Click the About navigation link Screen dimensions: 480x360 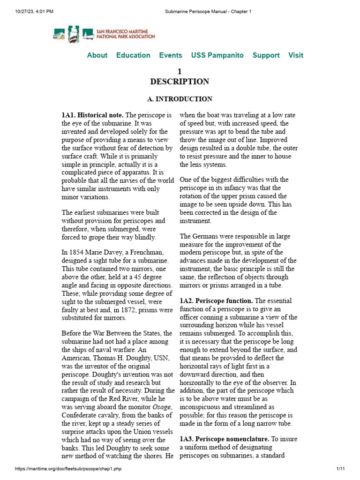point(97,55)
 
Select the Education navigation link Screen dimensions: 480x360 point(133,55)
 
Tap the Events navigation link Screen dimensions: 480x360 point(171,55)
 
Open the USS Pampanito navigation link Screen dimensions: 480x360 point(217,55)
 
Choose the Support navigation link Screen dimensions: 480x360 point(266,55)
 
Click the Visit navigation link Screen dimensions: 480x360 point(295,55)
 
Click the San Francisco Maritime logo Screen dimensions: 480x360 point(104,34)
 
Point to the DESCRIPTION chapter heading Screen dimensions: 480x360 point(180,82)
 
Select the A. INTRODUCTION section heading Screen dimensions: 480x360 point(180,99)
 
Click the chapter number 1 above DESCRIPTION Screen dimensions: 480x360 point(179,71)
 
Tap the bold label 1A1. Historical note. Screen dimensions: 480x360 point(92,115)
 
